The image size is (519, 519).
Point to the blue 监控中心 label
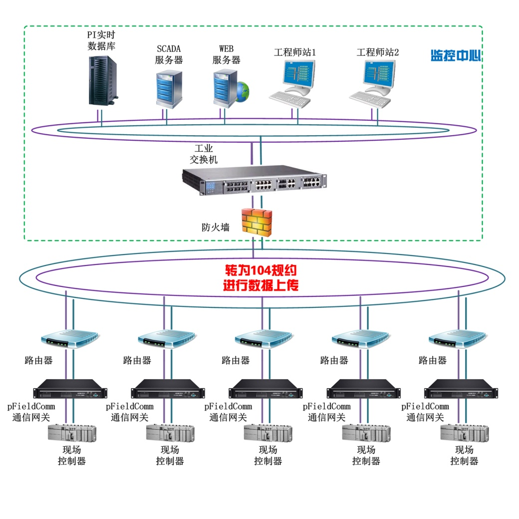point(455,55)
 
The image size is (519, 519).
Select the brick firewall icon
point(257,222)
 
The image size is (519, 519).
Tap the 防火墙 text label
point(216,228)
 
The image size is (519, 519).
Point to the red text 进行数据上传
point(260,286)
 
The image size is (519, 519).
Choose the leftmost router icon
point(70,339)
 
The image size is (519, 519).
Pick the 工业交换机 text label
point(203,154)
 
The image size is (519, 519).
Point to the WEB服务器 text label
point(226,55)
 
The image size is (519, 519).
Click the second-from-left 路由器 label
point(137,360)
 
